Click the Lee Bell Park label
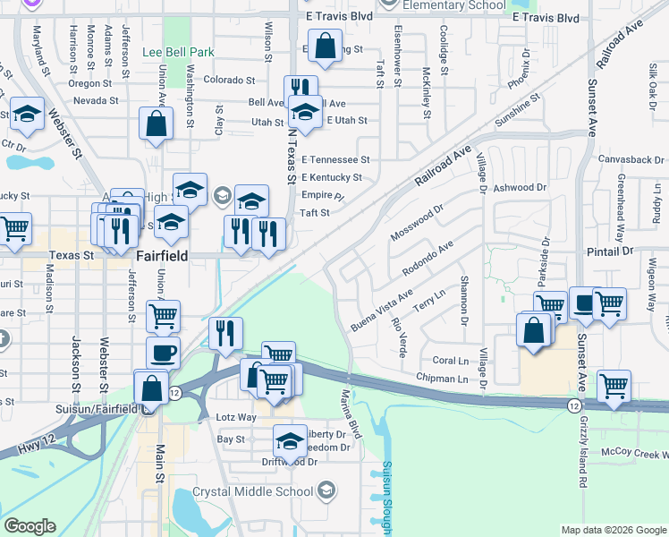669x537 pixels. click(x=176, y=52)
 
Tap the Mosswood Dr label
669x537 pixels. click(x=417, y=223)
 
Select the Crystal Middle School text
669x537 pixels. click(x=253, y=491)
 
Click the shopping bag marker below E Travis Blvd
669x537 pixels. click(x=325, y=45)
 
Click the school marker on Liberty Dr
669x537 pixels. click(x=289, y=439)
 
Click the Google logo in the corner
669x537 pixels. click(x=30, y=526)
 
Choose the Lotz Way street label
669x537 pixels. click(x=236, y=418)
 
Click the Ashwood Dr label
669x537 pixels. click(x=519, y=187)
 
